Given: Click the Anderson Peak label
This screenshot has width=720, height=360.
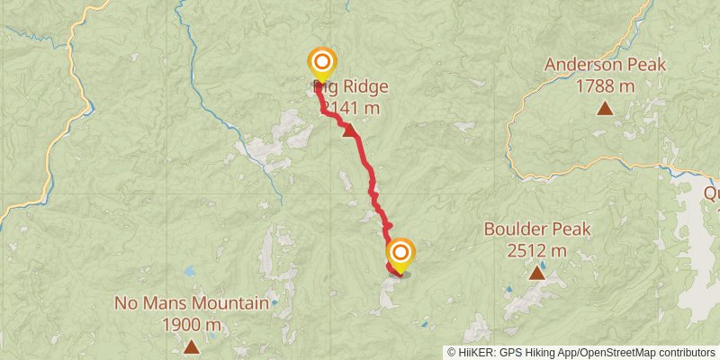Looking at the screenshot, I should pos(605,65).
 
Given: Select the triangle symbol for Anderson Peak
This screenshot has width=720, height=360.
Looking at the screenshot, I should pos(605,109).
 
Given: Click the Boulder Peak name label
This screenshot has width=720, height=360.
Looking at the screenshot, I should pos(537,229).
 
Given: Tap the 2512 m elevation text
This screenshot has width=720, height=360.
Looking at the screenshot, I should pos(537,250).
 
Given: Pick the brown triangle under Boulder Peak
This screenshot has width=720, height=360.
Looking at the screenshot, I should pos(537,272).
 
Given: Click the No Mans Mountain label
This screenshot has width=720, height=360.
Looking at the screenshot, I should pos(192,303).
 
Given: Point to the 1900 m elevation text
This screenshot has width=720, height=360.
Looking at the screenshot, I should pos(192,324).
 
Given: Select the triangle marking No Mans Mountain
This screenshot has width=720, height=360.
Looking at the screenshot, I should pos(192,346).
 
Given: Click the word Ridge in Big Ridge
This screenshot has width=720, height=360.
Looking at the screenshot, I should pos(366,87).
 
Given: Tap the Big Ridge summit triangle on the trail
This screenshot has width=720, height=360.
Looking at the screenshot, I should pos(350,131).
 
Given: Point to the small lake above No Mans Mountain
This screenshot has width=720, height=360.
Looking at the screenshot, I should pos(189,271).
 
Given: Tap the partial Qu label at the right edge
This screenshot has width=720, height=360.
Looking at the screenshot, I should pos(711,193).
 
